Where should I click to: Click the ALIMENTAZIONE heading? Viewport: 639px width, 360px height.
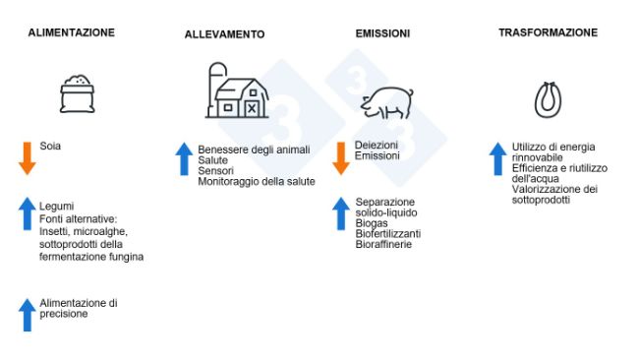(x=71, y=32)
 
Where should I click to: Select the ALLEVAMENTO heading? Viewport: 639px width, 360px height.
(x=224, y=34)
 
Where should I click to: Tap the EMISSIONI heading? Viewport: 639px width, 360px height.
(x=382, y=33)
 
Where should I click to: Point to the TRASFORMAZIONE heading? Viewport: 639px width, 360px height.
(x=548, y=32)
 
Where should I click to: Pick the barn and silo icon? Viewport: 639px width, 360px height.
(x=237, y=91)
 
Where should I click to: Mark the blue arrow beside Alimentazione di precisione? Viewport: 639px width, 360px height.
(x=28, y=315)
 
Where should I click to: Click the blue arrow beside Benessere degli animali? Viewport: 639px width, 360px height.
(x=184, y=158)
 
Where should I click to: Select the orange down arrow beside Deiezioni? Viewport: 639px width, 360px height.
(x=341, y=157)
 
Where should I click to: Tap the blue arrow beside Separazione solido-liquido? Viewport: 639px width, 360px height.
(x=341, y=213)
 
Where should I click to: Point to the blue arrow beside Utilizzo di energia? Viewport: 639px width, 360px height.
(x=498, y=158)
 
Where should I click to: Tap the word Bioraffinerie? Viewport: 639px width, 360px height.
(x=383, y=243)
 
